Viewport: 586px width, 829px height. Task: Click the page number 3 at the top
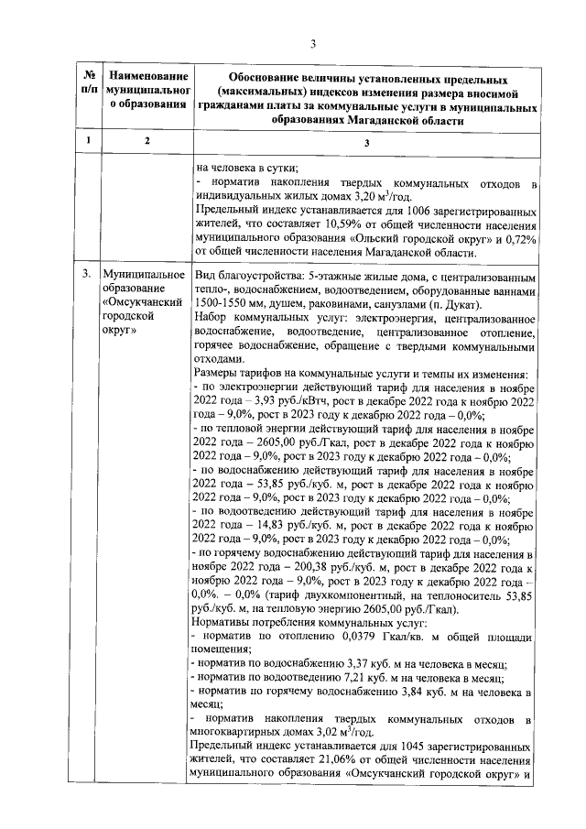click(x=313, y=43)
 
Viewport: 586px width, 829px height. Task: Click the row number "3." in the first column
click(x=86, y=275)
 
